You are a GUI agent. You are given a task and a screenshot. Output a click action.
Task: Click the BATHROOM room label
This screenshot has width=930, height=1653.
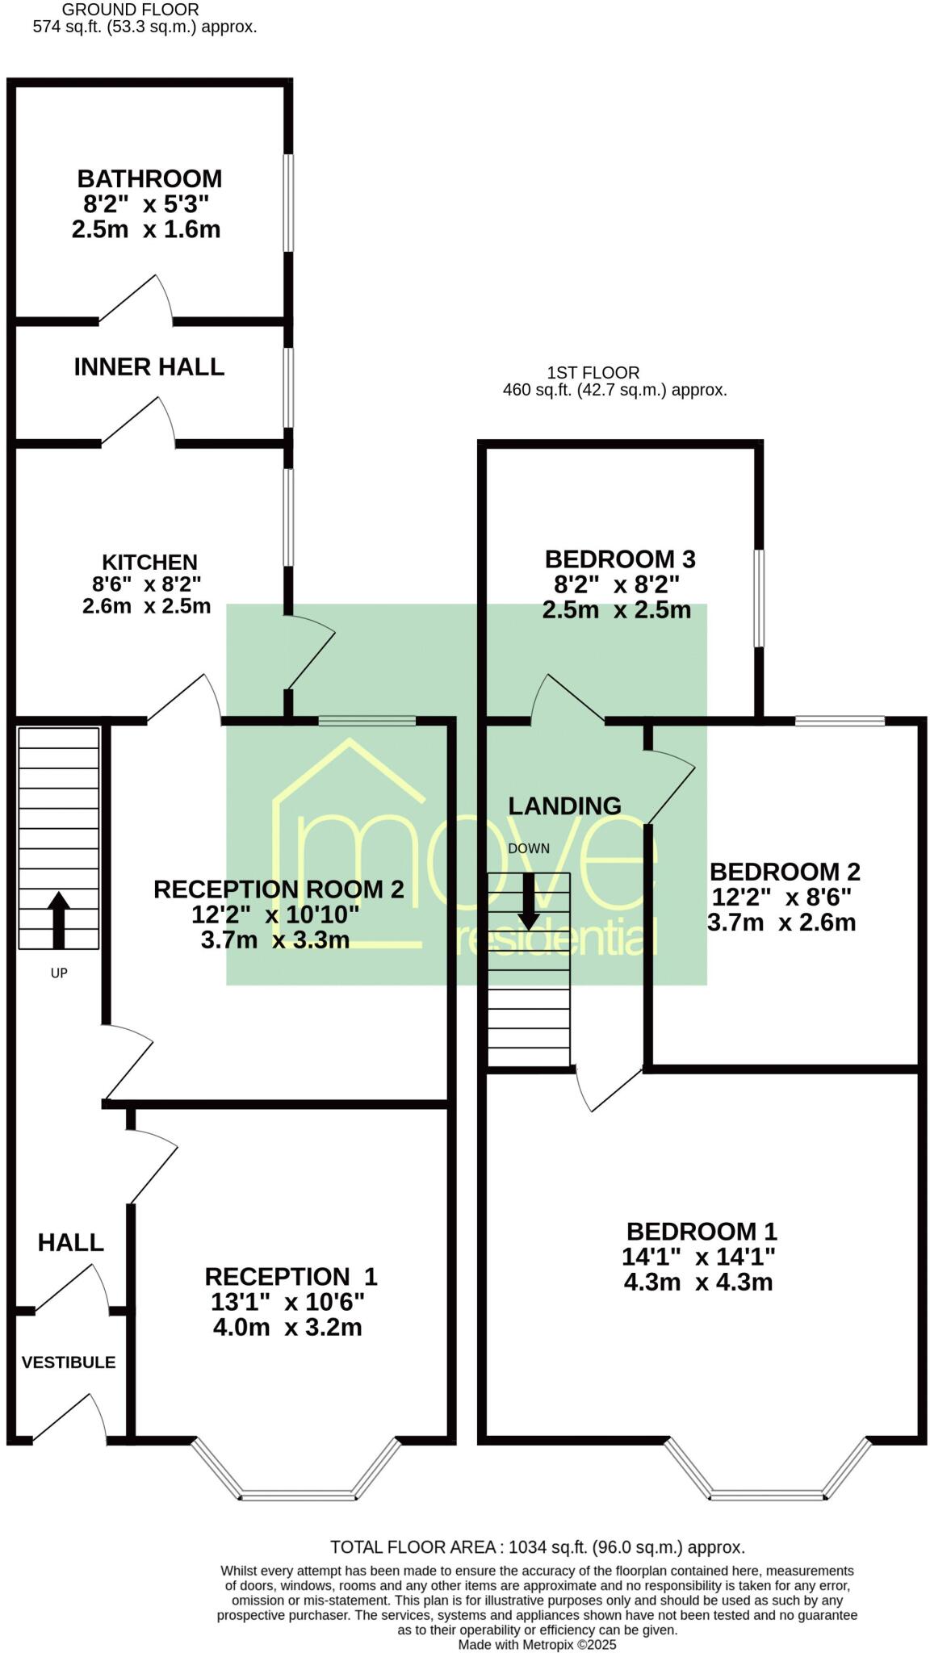pyautogui.click(x=149, y=178)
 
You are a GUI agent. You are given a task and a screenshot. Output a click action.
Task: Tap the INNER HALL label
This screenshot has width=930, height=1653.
pyautogui.click(x=149, y=367)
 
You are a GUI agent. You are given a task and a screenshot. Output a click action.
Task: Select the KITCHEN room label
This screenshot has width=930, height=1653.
pyautogui.click(x=149, y=562)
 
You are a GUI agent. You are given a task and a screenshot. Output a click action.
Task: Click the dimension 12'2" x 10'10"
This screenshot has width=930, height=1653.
pyautogui.click(x=275, y=914)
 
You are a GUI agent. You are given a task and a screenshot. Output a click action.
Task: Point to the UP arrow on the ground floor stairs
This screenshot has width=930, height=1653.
pyautogui.click(x=59, y=919)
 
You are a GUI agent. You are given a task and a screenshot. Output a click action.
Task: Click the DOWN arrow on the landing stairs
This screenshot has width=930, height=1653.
pyautogui.click(x=529, y=900)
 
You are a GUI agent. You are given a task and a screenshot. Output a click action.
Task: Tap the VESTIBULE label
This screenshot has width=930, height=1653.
pyautogui.click(x=69, y=1362)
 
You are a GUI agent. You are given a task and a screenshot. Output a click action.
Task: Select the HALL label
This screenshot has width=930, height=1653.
pyautogui.click(x=71, y=1242)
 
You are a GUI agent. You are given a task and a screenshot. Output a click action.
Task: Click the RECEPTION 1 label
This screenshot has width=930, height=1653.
pyautogui.click(x=291, y=1276)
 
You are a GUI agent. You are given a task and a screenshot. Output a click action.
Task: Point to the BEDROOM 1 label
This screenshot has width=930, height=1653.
pyautogui.click(x=702, y=1231)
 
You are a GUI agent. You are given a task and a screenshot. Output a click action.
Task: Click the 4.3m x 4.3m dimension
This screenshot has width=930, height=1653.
pyautogui.click(x=698, y=1282)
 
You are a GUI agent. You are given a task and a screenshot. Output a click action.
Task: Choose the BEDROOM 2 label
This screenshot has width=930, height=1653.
pyautogui.click(x=785, y=872)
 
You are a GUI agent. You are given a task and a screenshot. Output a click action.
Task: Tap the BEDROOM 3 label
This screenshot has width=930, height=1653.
pyautogui.click(x=620, y=559)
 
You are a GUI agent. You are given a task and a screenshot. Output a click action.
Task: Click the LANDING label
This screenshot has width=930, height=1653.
pyautogui.click(x=564, y=806)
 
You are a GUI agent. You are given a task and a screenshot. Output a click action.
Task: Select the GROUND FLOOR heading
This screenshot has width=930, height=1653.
pyautogui.click(x=130, y=10)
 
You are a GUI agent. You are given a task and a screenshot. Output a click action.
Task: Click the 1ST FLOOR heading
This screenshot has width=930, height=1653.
pyautogui.click(x=593, y=373)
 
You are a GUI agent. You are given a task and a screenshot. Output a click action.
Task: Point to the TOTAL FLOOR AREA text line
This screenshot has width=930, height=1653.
pyautogui.click(x=537, y=1547)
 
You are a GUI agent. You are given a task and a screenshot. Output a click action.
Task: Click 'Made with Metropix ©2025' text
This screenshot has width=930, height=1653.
pyautogui.click(x=537, y=1645)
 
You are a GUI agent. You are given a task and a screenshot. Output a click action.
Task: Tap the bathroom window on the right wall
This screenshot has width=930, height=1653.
pyautogui.click(x=288, y=203)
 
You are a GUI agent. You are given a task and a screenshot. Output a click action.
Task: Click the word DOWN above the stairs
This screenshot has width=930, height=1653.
pyautogui.click(x=529, y=848)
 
